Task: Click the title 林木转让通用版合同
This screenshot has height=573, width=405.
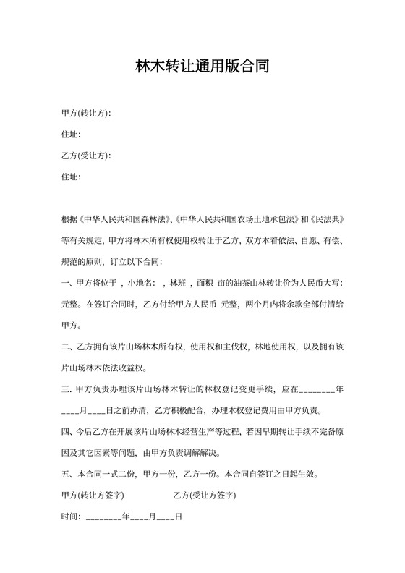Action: (x=202, y=67)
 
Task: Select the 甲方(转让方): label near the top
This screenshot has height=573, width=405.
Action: (x=86, y=114)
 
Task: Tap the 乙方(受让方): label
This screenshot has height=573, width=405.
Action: (x=86, y=156)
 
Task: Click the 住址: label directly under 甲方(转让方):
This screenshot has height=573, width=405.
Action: (x=71, y=135)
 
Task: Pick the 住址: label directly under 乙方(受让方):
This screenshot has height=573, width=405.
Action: (x=71, y=177)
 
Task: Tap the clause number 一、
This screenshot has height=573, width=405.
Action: (x=67, y=283)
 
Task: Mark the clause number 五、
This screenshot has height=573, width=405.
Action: (x=67, y=475)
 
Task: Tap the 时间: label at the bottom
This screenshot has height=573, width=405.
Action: (x=71, y=518)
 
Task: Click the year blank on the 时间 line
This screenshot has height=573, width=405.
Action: (x=103, y=519)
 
